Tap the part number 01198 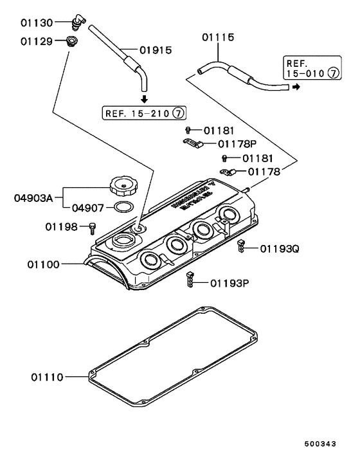tap(60, 226)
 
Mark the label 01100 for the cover tap(44, 264)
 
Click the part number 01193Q tap(280, 248)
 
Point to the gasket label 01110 tap(46, 376)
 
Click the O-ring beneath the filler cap tap(123, 208)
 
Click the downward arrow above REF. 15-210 tap(144, 99)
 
